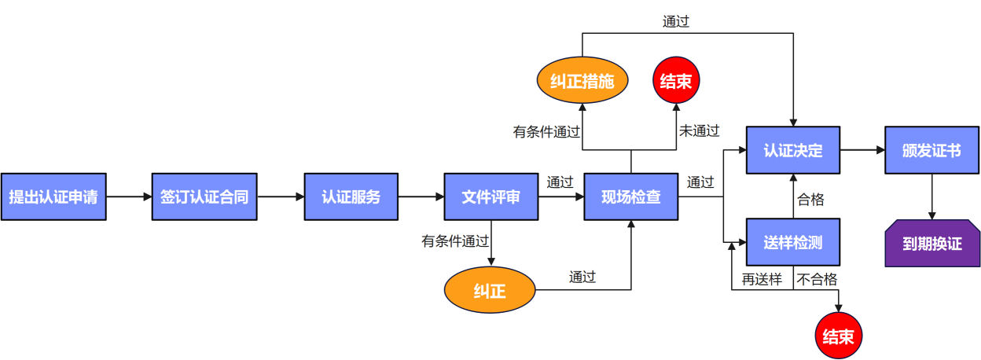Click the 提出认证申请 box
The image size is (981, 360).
(53, 197)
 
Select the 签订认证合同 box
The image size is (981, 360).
(204, 197)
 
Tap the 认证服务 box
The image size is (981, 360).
(351, 197)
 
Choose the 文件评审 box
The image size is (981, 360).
(490, 197)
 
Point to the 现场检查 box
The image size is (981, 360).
(630, 197)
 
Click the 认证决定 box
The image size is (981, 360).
(792, 150)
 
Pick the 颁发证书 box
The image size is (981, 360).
(931, 150)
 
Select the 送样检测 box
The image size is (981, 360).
(792, 242)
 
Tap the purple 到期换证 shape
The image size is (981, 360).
(932, 243)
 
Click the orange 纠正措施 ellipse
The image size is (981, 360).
(582, 81)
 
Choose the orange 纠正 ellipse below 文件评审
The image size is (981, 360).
(490, 291)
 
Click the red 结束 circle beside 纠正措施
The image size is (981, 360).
(676, 81)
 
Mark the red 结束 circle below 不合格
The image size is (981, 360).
(838, 336)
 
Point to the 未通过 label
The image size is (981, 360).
(699, 131)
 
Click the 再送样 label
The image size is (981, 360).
(762, 279)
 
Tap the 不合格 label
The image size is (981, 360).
(817, 279)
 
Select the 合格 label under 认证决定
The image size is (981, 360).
(810, 200)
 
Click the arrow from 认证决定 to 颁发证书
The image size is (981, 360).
(862, 149)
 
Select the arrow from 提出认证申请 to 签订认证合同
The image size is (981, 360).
(129, 197)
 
